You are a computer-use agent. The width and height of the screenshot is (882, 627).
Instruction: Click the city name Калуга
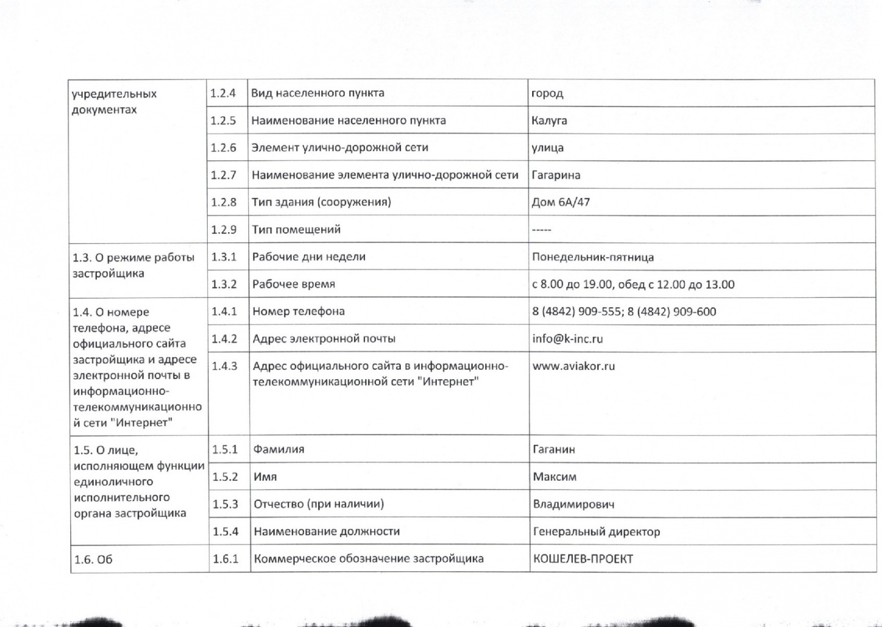pos(549,121)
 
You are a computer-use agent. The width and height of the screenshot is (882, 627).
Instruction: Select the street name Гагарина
pos(555,175)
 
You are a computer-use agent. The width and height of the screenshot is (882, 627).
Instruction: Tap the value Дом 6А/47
pos(561,203)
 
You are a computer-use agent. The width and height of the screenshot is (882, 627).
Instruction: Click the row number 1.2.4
pos(223,93)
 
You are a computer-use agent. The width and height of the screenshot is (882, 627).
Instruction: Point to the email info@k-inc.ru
pos(567,339)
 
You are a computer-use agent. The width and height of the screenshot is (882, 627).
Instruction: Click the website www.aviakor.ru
pos(573,366)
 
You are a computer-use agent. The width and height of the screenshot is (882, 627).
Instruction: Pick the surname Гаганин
pos(554,449)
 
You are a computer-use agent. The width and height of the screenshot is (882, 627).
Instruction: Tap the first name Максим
pos(555,477)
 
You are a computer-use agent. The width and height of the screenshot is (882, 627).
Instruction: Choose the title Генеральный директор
pos(596,531)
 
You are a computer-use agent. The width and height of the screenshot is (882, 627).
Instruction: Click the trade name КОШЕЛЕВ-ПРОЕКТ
pos(583,559)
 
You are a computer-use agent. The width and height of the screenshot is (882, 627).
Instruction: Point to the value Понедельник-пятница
pos(592,257)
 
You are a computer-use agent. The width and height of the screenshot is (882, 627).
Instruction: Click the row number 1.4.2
pos(224,339)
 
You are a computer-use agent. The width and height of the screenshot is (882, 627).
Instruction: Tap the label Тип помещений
pos(296,230)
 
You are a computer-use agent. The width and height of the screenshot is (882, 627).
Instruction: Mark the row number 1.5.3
pos(225,504)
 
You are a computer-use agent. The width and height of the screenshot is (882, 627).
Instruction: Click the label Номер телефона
pos(298,312)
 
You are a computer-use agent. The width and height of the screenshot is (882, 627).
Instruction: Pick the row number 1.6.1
pos(225,559)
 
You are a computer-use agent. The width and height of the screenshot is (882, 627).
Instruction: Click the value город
pos(547,93)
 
